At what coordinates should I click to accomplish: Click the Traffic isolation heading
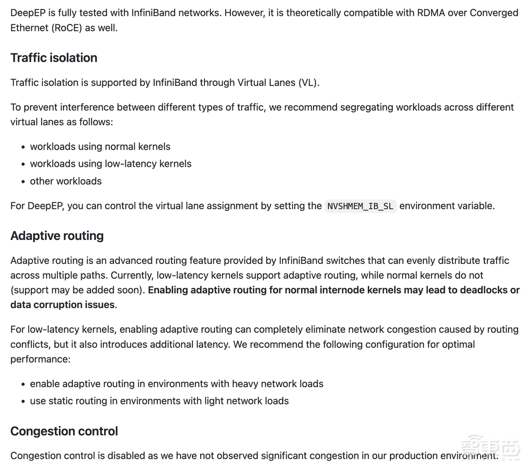point(54,58)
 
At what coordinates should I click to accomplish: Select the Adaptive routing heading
point(57,236)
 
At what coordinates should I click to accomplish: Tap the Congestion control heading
point(64,431)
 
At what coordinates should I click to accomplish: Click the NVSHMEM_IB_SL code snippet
point(361,206)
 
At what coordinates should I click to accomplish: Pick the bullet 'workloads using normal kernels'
point(100,147)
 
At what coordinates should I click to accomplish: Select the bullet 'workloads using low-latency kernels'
point(110,164)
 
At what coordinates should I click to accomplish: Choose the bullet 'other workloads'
point(66,181)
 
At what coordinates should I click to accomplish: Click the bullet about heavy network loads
point(176,384)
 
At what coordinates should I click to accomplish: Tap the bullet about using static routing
point(159,401)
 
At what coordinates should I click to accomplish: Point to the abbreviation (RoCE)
point(66,28)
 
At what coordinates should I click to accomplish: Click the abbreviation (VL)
point(309,82)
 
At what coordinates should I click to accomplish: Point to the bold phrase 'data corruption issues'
point(62,305)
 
